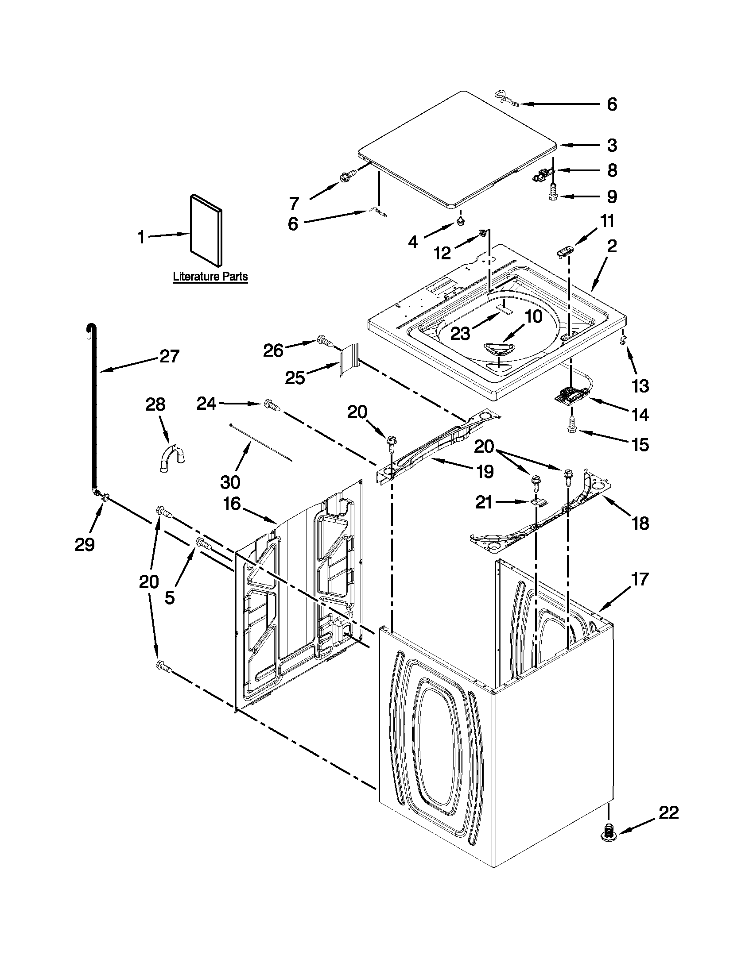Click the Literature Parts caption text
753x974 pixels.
[x=210, y=277]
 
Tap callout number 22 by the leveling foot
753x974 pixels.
[x=669, y=812]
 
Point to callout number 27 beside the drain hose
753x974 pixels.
[x=169, y=356]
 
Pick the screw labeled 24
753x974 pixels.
[x=272, y=405]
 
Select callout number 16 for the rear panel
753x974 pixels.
[x=233, y=504]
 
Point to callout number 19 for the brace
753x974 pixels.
[x=485, y=471]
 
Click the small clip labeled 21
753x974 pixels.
[x=539, y=502]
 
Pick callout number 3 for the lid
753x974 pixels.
[x=612, y=145]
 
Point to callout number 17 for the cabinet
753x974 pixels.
[x=639, y=579]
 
